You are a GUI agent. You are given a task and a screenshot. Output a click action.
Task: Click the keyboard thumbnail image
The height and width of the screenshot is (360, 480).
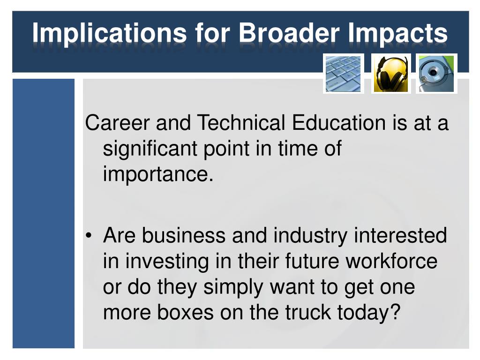344,74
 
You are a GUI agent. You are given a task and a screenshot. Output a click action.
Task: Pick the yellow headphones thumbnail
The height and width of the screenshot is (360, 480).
390,74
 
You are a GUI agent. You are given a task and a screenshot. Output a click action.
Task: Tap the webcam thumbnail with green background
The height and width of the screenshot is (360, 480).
436,74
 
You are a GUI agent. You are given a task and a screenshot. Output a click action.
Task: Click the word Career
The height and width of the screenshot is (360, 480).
118,123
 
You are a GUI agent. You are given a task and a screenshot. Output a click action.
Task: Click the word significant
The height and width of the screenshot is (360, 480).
150,150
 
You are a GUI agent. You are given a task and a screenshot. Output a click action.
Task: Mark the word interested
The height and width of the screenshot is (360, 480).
400,235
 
